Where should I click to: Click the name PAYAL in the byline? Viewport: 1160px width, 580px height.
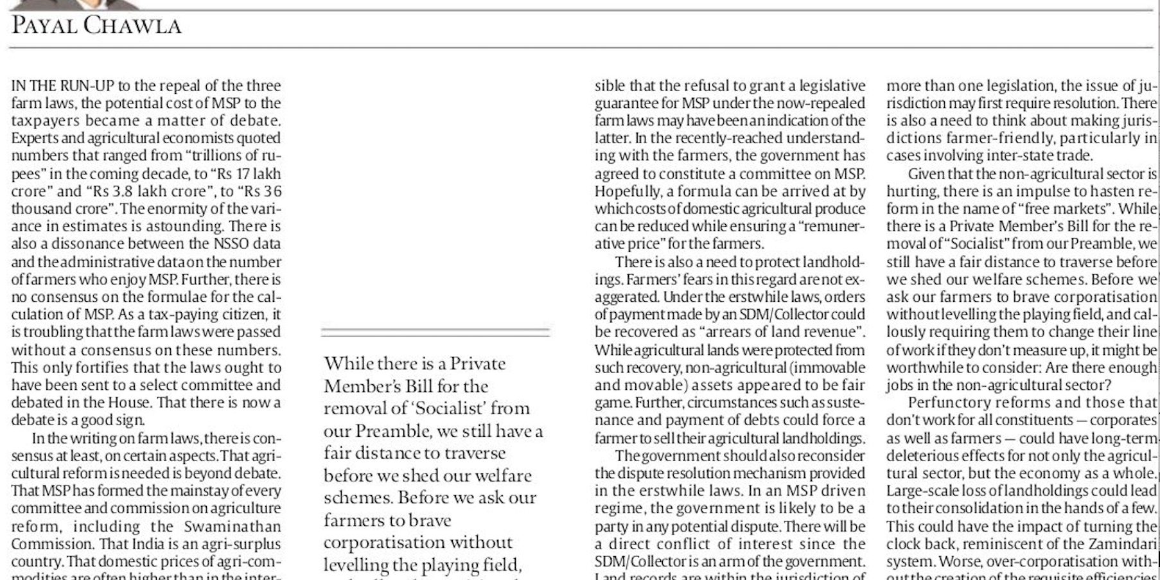point(42,25)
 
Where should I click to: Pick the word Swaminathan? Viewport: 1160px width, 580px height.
point(241,526)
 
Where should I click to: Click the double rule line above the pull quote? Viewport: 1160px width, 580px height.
point(435,332)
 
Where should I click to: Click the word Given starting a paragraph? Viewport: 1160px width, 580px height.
point(926,174)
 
